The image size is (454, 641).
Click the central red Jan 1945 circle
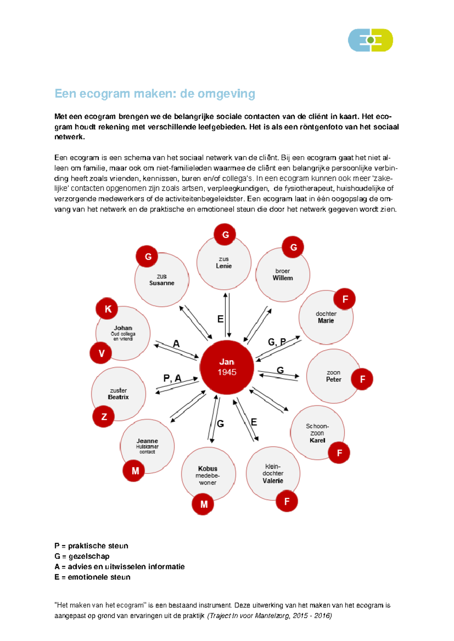point(227,367)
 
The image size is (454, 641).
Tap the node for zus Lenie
point(224,263)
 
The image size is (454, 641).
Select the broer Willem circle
point(283,275)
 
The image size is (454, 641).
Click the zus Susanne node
point(162,280)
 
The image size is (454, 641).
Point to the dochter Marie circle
point(326,317)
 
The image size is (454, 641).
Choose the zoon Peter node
point(333,376)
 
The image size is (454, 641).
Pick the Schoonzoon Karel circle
point(317,433)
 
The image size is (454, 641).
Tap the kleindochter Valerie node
point(273,474)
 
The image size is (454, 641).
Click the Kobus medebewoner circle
point(208,475)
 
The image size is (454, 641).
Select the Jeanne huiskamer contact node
point(147,446)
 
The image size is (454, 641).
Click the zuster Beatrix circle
point(118,394)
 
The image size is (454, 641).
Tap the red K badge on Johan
point(107,309)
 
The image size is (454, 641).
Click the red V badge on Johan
point(101,353)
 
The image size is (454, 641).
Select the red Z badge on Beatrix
point(104,416)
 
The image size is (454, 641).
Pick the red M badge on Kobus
point(203,504)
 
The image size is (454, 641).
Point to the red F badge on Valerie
point(286,501)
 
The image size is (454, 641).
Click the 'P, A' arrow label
point(172,378)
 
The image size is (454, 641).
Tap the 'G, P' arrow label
point(277,342)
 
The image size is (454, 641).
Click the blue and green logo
point(370,40)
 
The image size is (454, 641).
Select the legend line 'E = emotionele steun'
point(92,577)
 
